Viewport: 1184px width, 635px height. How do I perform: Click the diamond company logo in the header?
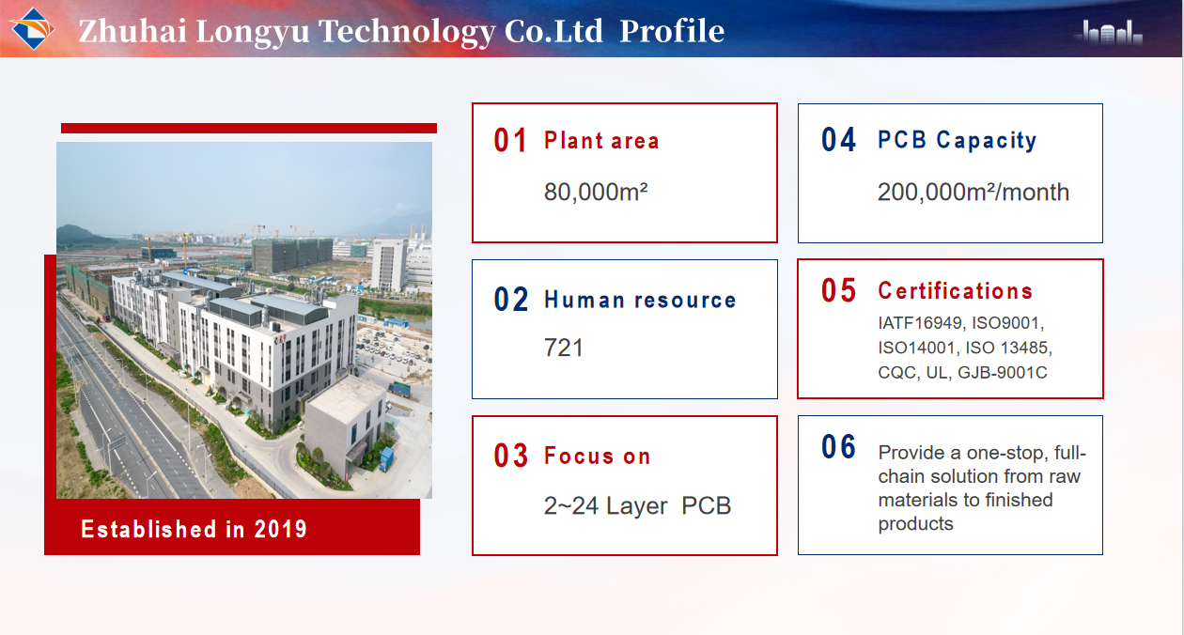(x=33, y=29)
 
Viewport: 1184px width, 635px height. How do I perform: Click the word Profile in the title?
(x=672, y=31)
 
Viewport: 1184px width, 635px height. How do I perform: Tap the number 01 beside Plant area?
(x=510, y=141)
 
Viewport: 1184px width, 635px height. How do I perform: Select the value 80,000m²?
(x=596, y=192)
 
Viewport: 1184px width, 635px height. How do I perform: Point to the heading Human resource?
(x=640, y=300)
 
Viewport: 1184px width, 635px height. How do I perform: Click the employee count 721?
(x=564, y=348)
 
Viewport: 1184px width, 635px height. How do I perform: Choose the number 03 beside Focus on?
(x=510, y=456)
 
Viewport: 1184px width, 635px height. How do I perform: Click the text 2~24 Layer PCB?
(x=637, y=505)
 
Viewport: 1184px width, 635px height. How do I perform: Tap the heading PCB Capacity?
(x=958, y=140)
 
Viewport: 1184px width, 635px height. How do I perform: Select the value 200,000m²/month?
(x=974, y=192)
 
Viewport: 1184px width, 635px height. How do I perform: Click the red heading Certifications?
(x=955, y=291)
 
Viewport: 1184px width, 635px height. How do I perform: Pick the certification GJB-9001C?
(x=1002, y=372)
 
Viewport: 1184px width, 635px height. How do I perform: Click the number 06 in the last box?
(x=838, y=447)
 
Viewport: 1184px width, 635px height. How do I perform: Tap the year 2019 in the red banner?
(x=280, y=529)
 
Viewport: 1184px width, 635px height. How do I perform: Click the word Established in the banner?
(x=148, y=529)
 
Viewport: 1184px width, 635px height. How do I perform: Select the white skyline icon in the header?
(x=1109, y=32)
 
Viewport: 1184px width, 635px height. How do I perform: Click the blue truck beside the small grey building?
(x=386, y=458)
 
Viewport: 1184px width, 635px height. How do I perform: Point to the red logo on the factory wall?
(x=280, y=339)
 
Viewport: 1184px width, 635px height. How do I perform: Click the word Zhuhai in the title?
(x=132, y=31)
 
